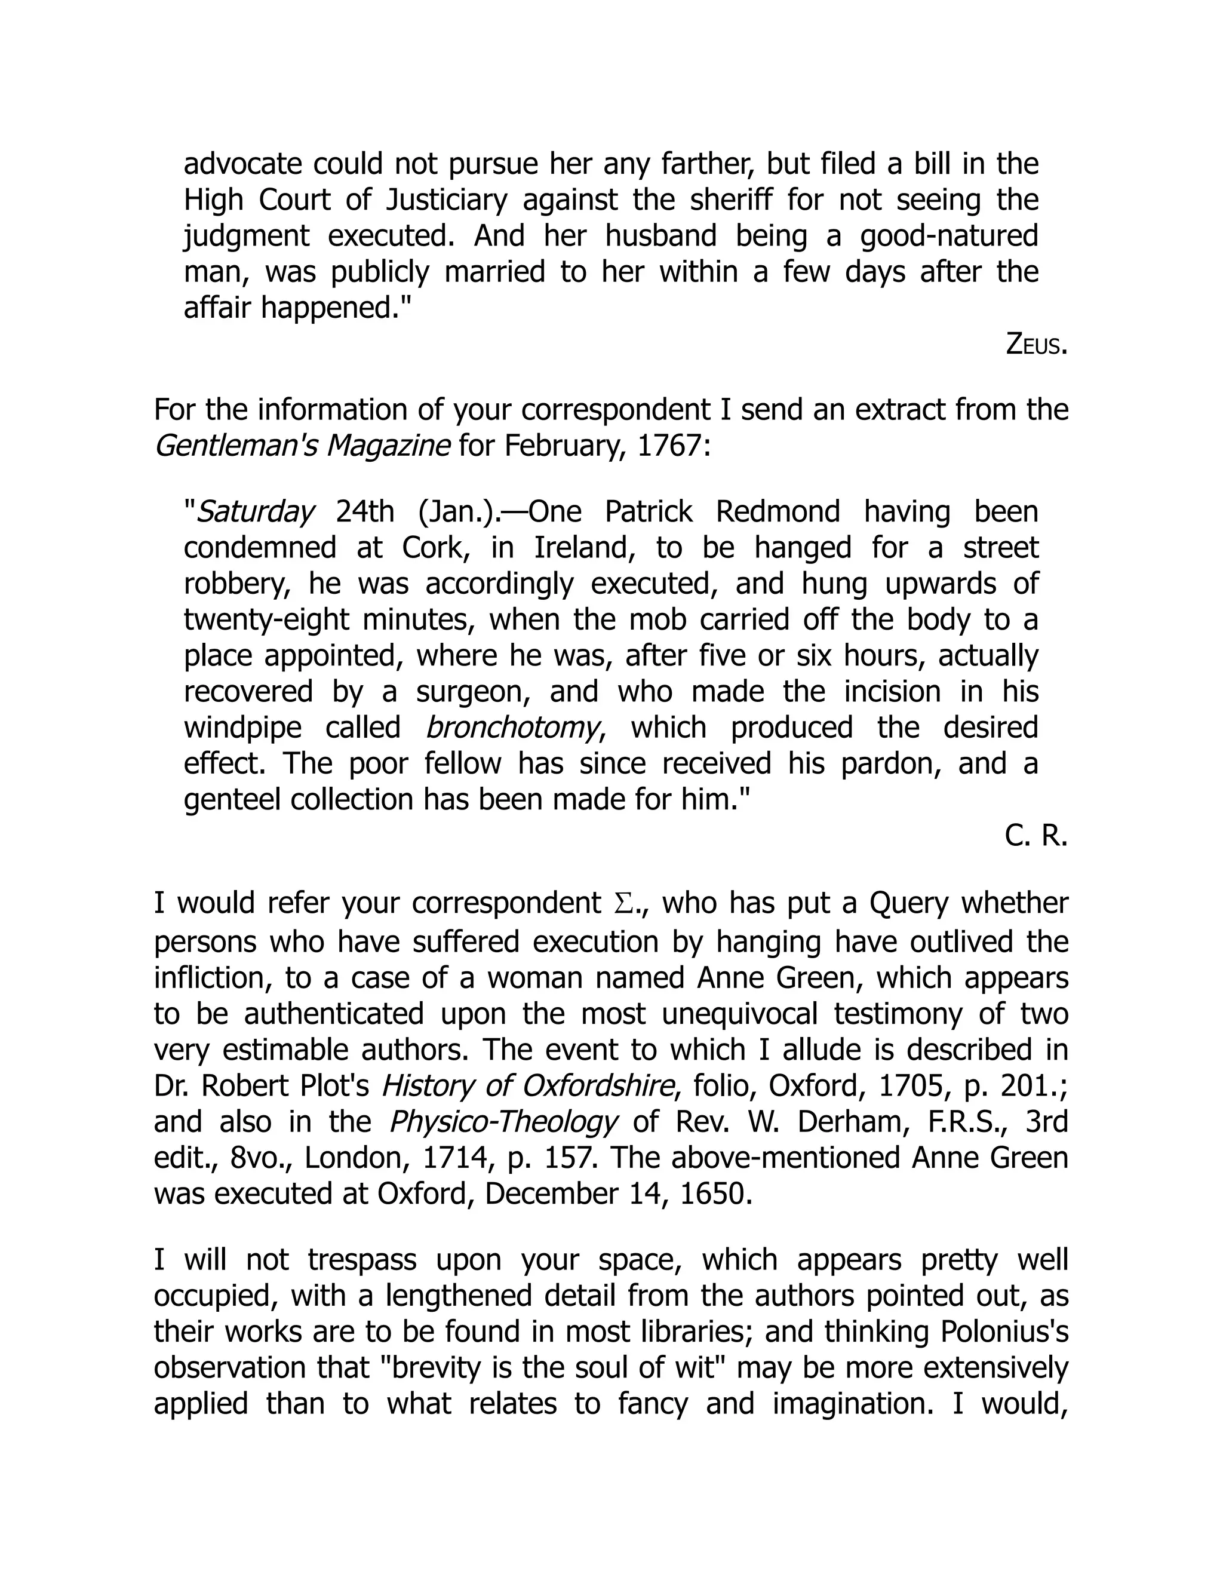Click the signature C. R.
point(1035,836)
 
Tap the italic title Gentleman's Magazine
point(302,446)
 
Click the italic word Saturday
point(256,512)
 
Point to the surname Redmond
point(778,512)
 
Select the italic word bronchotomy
point(514,728)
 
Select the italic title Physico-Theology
point(503,1122)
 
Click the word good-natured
point(949,237)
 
